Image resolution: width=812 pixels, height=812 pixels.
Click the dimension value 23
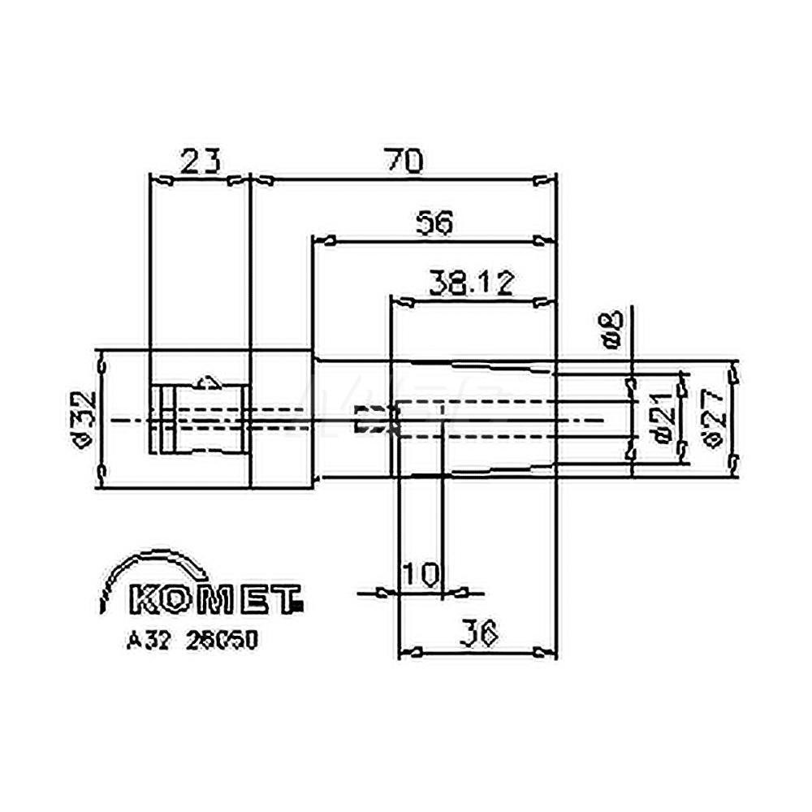click(199, 162)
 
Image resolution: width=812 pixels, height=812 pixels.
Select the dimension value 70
click(404, 162)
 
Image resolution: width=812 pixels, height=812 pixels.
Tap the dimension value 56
click(434, 222)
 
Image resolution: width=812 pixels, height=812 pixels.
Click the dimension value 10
click(421, 574)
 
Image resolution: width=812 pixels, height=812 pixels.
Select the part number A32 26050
click(192, 641)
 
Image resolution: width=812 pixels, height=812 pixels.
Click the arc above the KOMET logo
click(146, 565)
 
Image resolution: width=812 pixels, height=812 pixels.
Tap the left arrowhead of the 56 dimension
click(326, 240)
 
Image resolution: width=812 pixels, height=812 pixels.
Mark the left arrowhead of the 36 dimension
click(411, 652)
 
